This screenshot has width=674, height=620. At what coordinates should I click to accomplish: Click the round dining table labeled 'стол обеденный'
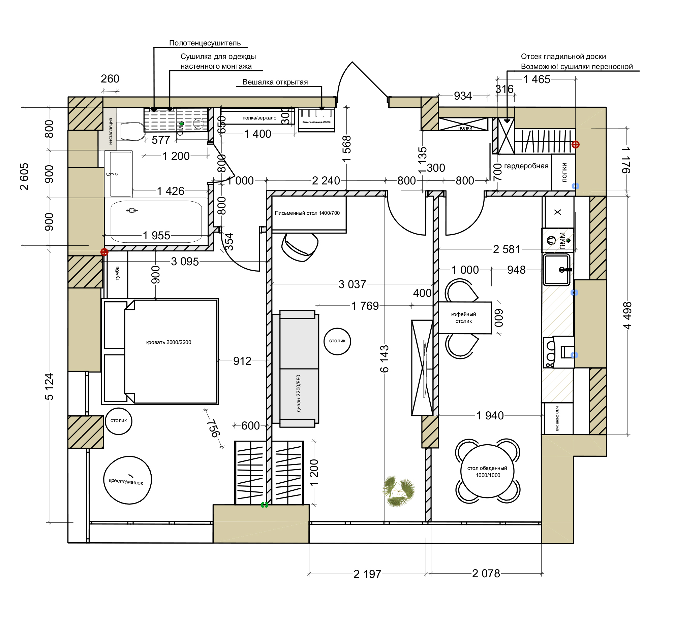487,471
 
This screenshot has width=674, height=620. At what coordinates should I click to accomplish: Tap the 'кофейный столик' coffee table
464,318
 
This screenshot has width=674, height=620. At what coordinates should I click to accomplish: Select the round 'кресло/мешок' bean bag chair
127,480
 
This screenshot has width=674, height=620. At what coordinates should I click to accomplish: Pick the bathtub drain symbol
132,210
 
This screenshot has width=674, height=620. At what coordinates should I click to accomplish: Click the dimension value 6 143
384,359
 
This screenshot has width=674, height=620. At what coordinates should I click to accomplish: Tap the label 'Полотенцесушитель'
205,43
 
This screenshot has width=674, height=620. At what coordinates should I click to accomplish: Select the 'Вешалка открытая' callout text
275,82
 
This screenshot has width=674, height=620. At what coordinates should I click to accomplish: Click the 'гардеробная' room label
526,166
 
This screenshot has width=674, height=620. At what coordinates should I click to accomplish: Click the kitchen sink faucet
565,270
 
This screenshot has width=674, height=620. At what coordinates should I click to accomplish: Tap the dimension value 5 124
49,387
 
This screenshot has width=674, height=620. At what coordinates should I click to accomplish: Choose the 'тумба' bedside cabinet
117,274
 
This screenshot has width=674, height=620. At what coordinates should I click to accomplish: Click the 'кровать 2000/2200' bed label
168,342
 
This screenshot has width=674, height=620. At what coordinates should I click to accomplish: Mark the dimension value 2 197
367,574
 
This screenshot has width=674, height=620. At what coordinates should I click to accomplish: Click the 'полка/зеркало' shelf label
259,118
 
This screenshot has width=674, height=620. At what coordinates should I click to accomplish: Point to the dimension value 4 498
627,315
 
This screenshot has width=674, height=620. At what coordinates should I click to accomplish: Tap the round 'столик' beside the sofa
337,341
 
